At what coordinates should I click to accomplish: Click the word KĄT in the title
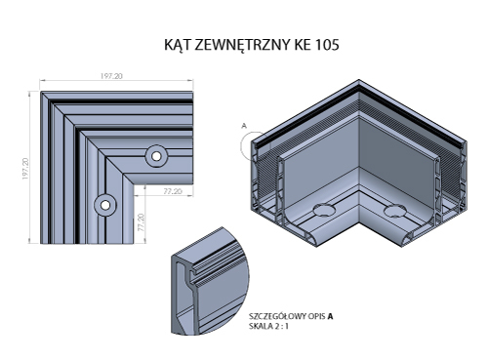pyautogui.click(x=178, y=45)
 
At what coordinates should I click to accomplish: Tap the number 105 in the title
pyautogui.click(x=327, y=45)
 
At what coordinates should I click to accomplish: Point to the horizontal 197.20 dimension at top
pyautogui.click(x=111, y=76)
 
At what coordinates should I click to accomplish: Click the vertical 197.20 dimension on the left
pyautogui.click(x=25, y=169)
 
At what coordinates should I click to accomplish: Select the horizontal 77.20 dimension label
pyautogui.click(x=173, y=191)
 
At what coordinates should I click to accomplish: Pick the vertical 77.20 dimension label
pyautogui.click(x=141, y=222)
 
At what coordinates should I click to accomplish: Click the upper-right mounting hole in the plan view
pyautogui.click(x=156, y=156)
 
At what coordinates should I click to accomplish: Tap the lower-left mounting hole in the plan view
pyautogui.click(x=105, y=205)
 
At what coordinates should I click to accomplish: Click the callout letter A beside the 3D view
pyautogui.click(x=244, y=126)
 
